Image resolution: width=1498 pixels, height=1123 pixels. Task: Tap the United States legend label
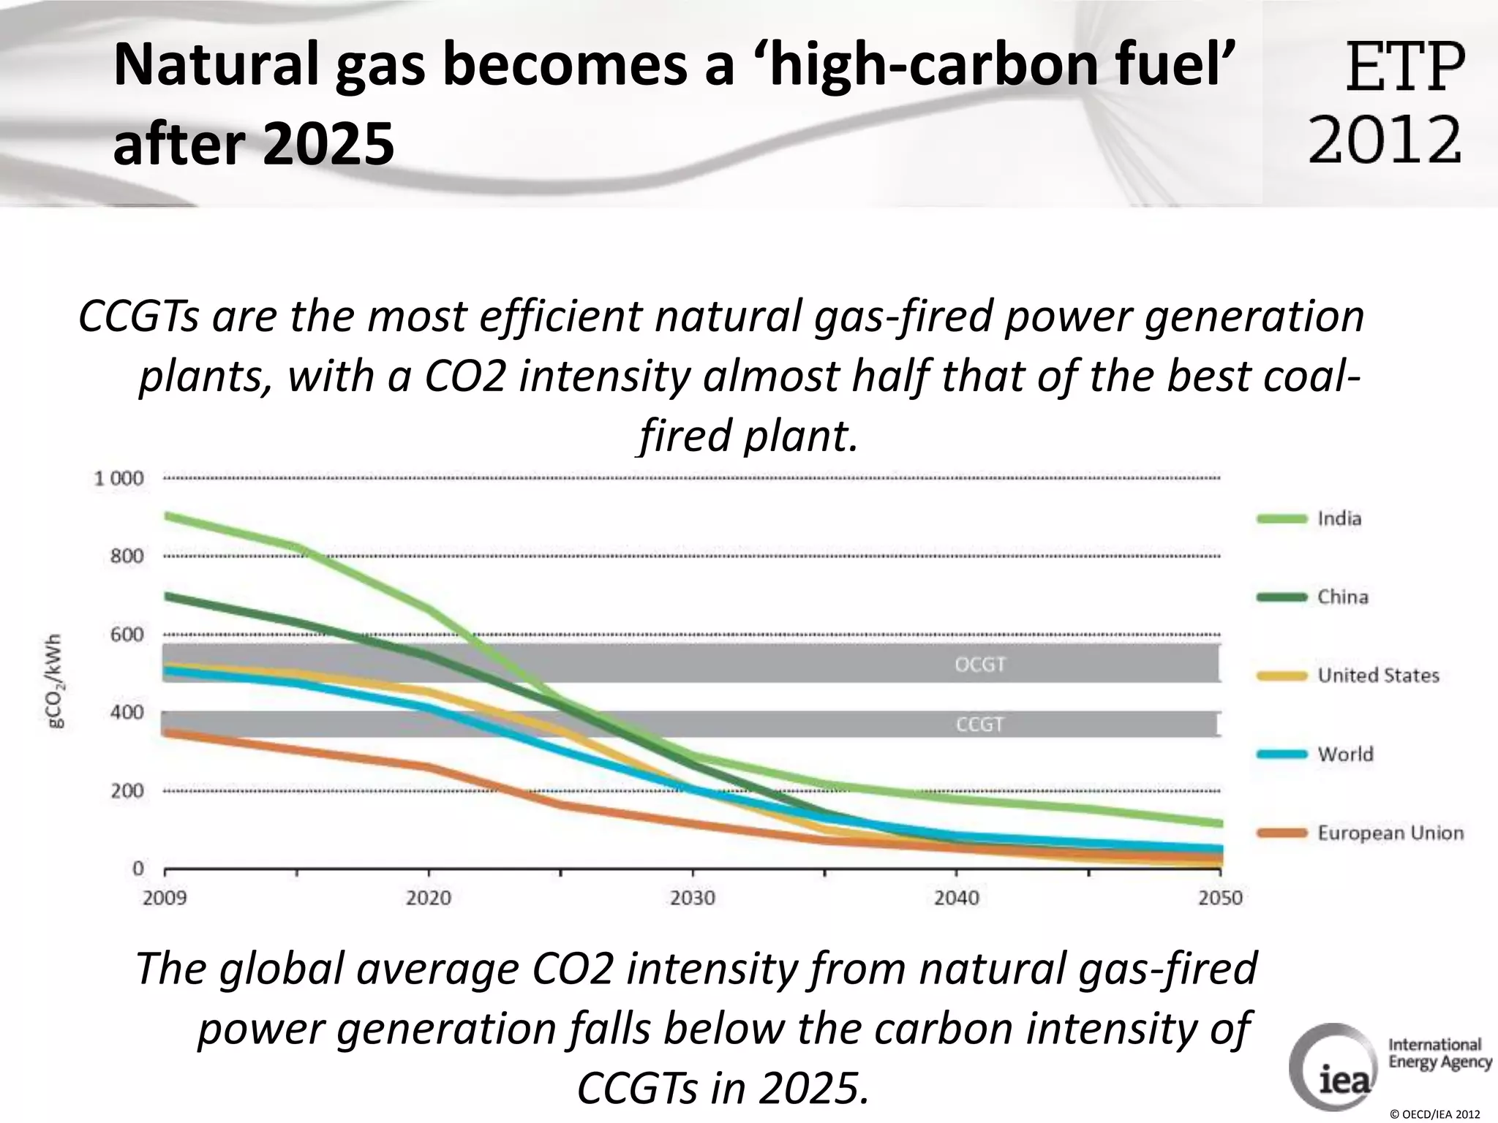pyautogui.click(x=1378, y=675)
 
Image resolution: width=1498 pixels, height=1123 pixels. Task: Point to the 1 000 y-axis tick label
pyautogui.click(x=118, y=479)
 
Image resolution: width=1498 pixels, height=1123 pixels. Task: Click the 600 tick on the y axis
pyautogui.click(x=127, y=635)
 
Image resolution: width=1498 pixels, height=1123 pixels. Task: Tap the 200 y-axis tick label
pyautogui.click(x=127, y=790)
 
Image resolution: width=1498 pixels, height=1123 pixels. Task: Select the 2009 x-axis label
pyautogui.click(x=165, y=897)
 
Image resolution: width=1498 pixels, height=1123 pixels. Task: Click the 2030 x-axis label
pyautogui.click(x=692, y=897)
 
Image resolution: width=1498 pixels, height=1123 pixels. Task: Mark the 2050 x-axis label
pyautogui.click(x=1220, y=897)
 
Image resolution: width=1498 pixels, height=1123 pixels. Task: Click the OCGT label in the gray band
pyautogui.click(x=980, y=665)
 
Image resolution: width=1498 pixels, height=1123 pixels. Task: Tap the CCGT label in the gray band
pyautogui.click(x=979, y=725)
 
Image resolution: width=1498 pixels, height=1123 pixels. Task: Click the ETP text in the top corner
pyautogui.click(x=1404, y=67)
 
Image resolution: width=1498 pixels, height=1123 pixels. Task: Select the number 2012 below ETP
pyautogui.click(x=1385, y=140)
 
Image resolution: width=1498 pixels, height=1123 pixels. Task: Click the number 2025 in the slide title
pyautogui.click(x=327, y=143)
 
